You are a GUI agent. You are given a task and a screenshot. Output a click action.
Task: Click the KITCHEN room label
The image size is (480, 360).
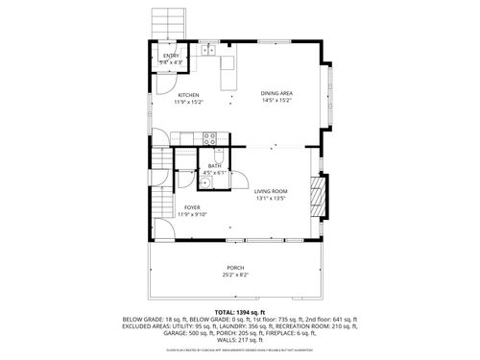[188, 95]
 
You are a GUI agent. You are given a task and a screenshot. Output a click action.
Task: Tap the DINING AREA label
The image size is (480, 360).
[277, 93]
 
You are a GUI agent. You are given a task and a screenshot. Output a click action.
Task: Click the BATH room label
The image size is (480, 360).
[213, 166]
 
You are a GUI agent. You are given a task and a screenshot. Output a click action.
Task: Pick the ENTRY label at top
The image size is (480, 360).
[171, 56]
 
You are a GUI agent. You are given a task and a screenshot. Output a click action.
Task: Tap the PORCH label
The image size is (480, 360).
[235, 268]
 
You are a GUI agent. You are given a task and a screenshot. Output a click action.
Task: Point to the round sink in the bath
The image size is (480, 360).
[206, 180]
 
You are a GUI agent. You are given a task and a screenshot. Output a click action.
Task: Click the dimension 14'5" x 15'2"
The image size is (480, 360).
[277, 100]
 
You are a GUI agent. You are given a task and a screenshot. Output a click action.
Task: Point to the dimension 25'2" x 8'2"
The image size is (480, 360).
[236, 276]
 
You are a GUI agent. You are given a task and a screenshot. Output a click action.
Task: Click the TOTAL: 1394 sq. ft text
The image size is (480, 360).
[237, 313]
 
